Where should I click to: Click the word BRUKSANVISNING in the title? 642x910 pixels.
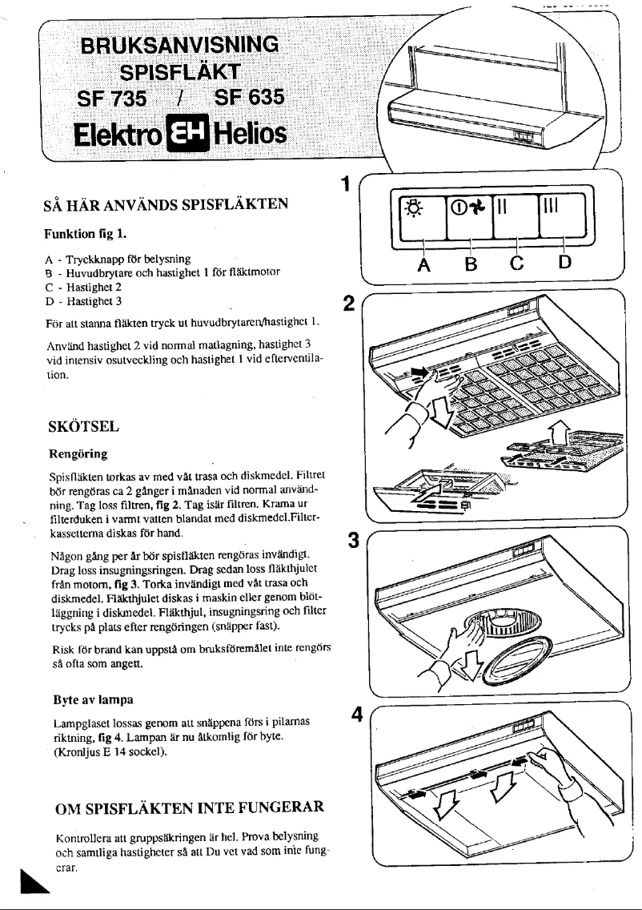tap(183, 43)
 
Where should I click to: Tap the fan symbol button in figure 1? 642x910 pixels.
tap(468, 215)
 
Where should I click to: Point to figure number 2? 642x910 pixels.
tap(347, 304)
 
